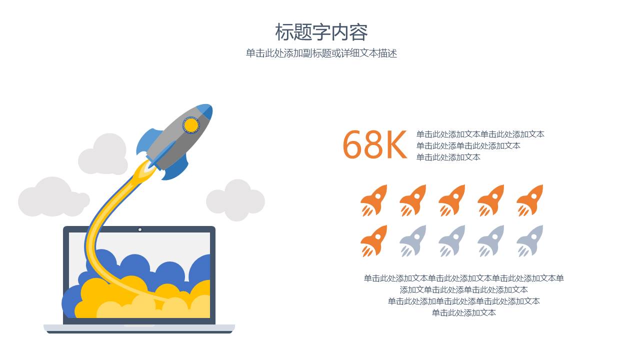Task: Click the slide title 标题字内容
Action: pyautogui.click(x=321, y=32)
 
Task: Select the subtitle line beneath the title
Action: pyautogui.click(x=321, y=53)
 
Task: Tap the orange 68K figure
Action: pyautogui.click(x=374, y=145)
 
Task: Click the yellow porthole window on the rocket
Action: pyautogui.click(x=191, y=125)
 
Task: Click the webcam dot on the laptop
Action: pyautogui.click(x=140, y=229)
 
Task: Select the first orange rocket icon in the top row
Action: pyautogui.click(x=374, y=200)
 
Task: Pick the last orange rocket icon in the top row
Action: pyautogui.click(x=530, y=200)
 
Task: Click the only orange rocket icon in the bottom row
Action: pyautogui.click(x=374, y=240)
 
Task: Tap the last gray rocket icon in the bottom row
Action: pyautogui.click(x=530, y=240)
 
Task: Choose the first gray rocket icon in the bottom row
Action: pyautogui.click(x=413, y=240)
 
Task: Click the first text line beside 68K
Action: pyautogui.click(x=480, y=134)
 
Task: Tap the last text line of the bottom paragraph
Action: pyautogui.click(x=463, y=313)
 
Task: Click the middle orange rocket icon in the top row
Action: pyautogui.click(x=452, y=200)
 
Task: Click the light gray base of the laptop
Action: pyautogui.click(x=139, y=328)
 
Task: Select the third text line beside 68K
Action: pyautogui.click(x=448, y=157)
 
